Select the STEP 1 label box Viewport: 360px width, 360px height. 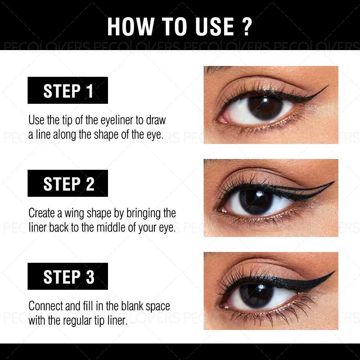[68, 91]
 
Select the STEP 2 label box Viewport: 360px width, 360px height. [68, 183]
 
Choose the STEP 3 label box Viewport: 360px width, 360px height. [68, 276]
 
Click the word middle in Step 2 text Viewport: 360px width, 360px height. [111, 228]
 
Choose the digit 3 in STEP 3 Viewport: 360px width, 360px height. [90, 277]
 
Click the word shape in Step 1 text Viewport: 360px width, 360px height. [106, 135]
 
